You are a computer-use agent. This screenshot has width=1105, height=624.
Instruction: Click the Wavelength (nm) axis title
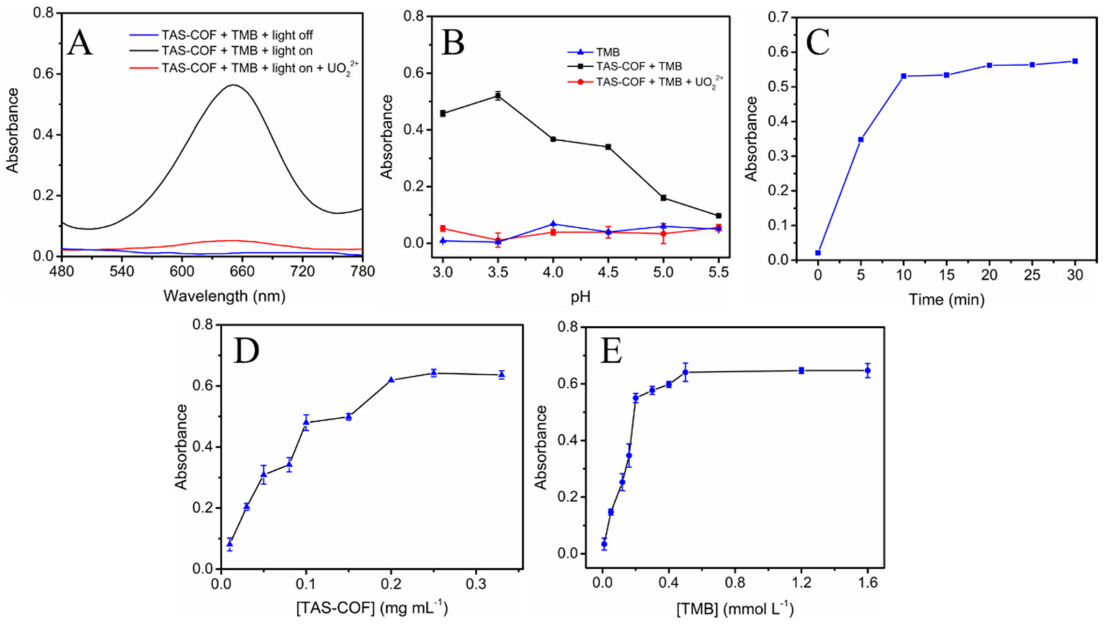coord(224,296)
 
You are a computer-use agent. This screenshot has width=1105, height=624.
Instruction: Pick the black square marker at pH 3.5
coord(498,96)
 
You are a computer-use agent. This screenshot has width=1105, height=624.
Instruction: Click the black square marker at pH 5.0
coord(663,198)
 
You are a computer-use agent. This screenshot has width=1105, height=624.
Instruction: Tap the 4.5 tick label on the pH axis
coord(608,272)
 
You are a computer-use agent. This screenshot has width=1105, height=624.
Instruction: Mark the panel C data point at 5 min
coord(860,139)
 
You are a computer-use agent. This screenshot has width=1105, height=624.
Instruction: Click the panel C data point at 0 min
coord(818,253)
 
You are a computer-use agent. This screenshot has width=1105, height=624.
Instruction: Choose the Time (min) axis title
coord(946,300)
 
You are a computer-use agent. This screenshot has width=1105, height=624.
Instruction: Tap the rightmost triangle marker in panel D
coord(501,374)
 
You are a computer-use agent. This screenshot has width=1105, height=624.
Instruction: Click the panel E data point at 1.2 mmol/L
coord(801,370)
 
